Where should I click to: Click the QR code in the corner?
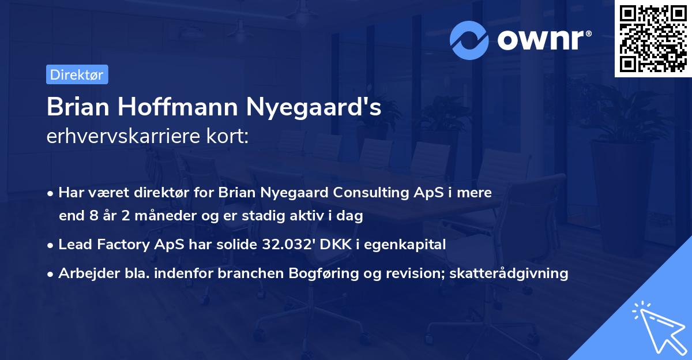pos(653,39)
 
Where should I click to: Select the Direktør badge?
pos(77,74)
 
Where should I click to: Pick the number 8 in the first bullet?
pos(95,216)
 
